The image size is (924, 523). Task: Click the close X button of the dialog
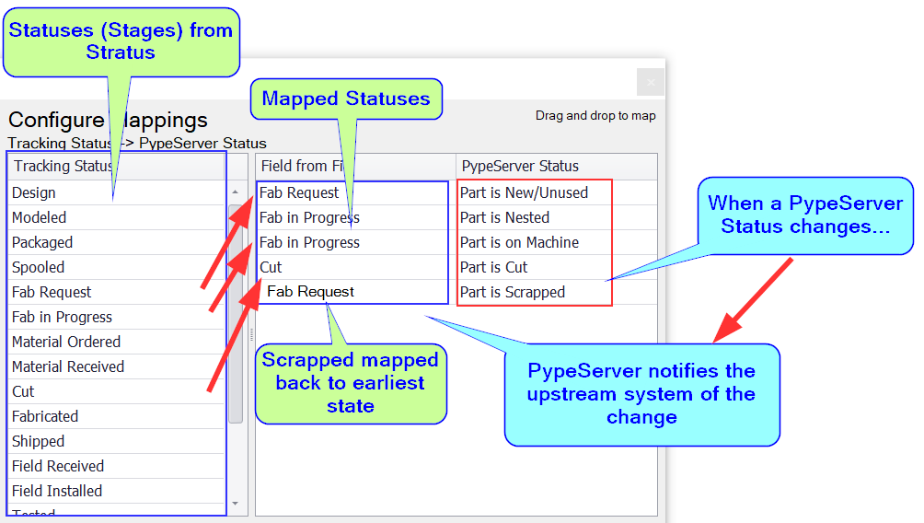tap(650, 82)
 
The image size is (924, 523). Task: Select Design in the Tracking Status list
tap(34, 192)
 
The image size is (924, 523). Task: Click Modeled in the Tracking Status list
tap(40, 217)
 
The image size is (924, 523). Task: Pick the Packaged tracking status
tap(42, 242)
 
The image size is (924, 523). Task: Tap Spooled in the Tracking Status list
tap(39, 267)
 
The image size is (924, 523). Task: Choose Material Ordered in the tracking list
tap(66, 342)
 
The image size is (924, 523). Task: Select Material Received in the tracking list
tap(68, 366)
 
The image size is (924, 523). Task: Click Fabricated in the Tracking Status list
tap(45, 416)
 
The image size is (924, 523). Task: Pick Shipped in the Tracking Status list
tap(39, 441)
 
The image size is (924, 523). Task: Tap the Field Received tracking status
tap(58, 466)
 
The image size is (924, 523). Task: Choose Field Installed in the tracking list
tap(57, 491)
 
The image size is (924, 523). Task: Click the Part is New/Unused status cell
tap(524, 192)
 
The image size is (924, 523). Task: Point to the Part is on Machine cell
tap(519, 242)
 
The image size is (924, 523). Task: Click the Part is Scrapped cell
tap(513, 292)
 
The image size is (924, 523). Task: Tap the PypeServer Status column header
tap(520, 166)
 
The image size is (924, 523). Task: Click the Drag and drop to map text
tap(595, 116)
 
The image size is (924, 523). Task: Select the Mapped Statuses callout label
tap(346, 99)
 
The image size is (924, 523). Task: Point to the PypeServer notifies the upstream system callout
tap(641, 394)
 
